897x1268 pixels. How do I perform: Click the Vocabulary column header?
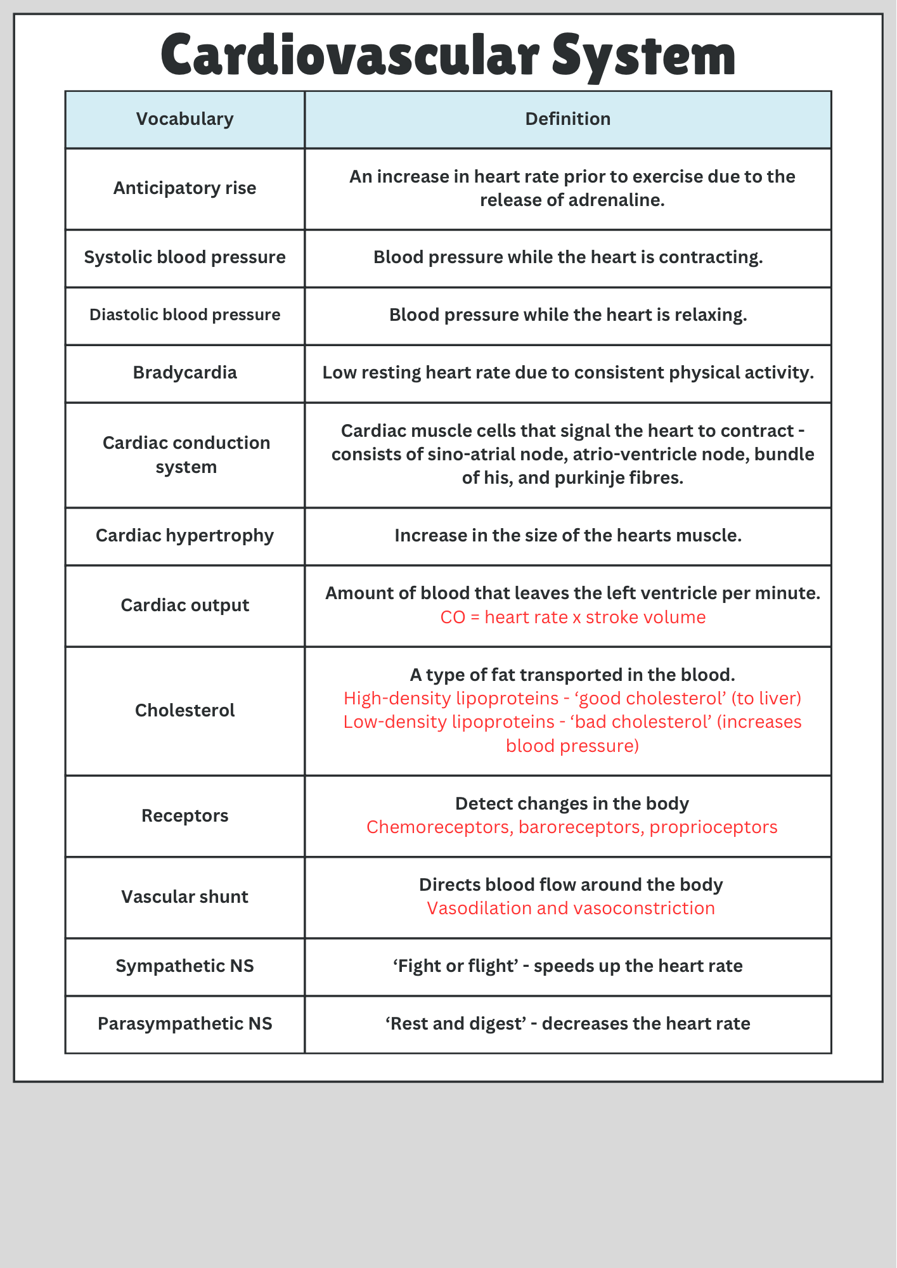tap(184, 119)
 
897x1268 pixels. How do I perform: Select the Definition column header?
tap(567, 119)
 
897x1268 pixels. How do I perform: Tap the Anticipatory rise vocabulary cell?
tap(184, 188)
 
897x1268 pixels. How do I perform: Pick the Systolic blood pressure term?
tap(184, 257)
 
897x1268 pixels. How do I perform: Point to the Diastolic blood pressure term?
tap(184, 315)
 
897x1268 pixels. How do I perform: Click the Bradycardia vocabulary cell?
tap(184, 373)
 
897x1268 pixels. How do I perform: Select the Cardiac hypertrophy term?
tap(184, 536)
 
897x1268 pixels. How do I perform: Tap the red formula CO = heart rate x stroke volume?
tap(572, 618)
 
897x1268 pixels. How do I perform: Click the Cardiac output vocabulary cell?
tap(184, 605)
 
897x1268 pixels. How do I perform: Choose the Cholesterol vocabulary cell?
tap(184, 711)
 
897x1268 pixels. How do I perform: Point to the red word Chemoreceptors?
tap(439, 827)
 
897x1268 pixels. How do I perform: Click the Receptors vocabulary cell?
tap(184, 816)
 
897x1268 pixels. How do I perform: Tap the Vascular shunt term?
tap(184, 897)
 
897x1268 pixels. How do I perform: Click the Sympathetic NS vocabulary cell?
tap(184, 966)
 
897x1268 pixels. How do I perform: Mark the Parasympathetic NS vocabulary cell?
tap(184, 1024)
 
